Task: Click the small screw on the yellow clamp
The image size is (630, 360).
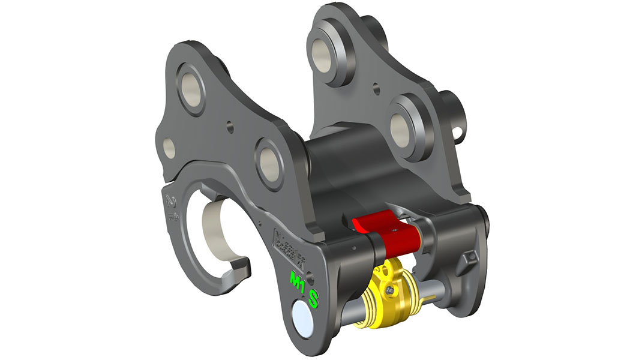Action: [392, 290]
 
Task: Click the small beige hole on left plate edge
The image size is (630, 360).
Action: [169, 147]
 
